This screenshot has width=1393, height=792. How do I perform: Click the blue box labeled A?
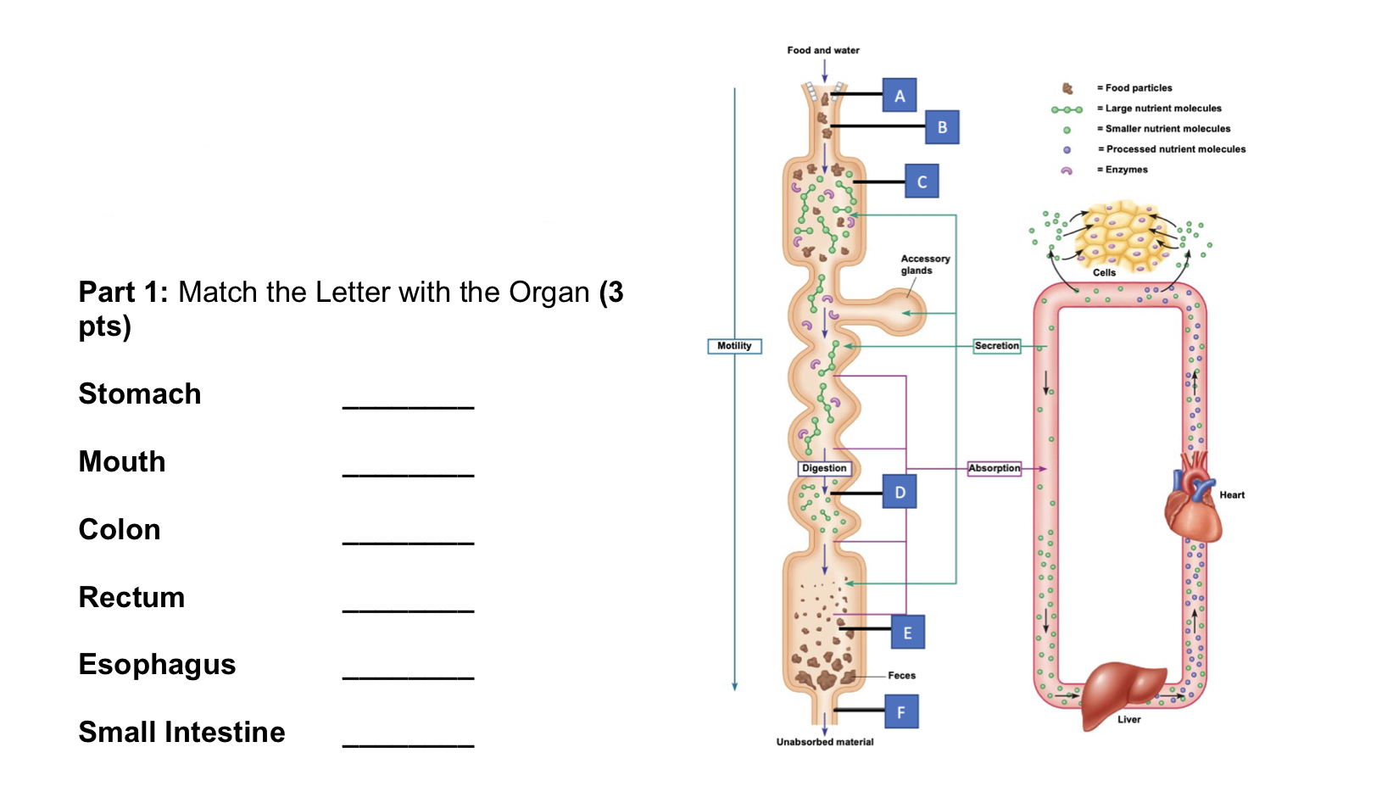pyautogui.click(x=900, y=96)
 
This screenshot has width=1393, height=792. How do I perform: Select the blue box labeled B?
pyautogui.click(x=942, y=127)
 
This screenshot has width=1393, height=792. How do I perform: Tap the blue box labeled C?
pyautogui.click(x=922, y=181)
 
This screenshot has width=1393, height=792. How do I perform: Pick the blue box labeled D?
pyautogui.click(x=900, y=492)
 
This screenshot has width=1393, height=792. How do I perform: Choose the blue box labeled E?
pyautogui.click(x=907, y=633)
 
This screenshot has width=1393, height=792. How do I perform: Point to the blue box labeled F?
pyautogui.click(x=900, y=712)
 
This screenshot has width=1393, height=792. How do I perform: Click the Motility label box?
pyautogui.click(x=734, y=346)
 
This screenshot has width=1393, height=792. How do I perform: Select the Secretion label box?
pyautogui.click(x=996, y=346)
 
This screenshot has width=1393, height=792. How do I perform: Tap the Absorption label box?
pyautogui.click(x=995, y=468)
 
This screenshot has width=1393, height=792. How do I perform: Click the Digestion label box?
pyautogui.click(x=824, y=468)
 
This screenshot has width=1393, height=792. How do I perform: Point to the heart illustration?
pyautogui.click(x=1193, y=499)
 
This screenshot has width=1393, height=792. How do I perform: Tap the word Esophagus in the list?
pyautogui.click(x=157, y=665)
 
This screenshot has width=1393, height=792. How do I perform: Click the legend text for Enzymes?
pyautogui.click(x=1126, y=170)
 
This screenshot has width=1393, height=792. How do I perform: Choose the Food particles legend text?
pyautogui.click(x=1138, y=88)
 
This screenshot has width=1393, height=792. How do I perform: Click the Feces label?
pyautogui.click(x=901, y=676)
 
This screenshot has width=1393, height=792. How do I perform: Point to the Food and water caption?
pyautogui.click(x=822, y=51)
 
